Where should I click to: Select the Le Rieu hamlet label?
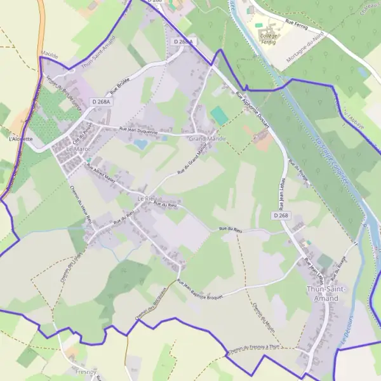point(147,199)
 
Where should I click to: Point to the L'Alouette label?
point(21,138)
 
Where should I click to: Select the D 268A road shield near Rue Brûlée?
point(100,102)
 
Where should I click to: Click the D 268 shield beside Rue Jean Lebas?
point(281,216)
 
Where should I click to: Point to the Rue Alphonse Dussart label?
point(252,110)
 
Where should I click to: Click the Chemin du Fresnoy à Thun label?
point(252,351)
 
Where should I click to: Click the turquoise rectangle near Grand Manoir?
point(219,116)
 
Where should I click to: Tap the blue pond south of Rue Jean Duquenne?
point(140,144)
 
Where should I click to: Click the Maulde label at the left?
point(49,57)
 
